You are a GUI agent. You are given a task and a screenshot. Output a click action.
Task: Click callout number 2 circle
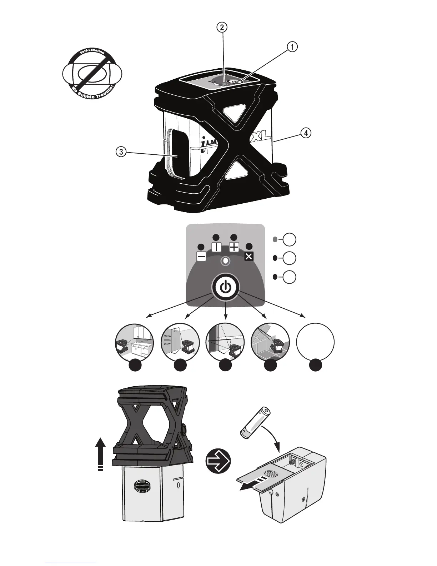tap(222, 27)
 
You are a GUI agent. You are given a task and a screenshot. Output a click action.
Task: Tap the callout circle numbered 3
tap(121, 152)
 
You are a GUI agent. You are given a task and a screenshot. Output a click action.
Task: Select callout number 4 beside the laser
tap(305, 133)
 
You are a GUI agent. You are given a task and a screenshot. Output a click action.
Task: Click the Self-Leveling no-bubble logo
tap(92, 74)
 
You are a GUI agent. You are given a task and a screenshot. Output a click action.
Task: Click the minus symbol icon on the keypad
tap(201, 256)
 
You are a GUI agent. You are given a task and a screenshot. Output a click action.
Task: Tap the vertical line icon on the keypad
tap(217, 247)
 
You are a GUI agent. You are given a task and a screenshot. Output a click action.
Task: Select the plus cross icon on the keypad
tap(234, 247)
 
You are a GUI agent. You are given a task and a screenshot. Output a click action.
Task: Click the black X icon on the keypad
tap(249, 256)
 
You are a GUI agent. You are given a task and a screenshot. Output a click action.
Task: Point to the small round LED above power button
tap(225, 261)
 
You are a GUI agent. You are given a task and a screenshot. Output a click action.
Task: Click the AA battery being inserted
tap(255, 422)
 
